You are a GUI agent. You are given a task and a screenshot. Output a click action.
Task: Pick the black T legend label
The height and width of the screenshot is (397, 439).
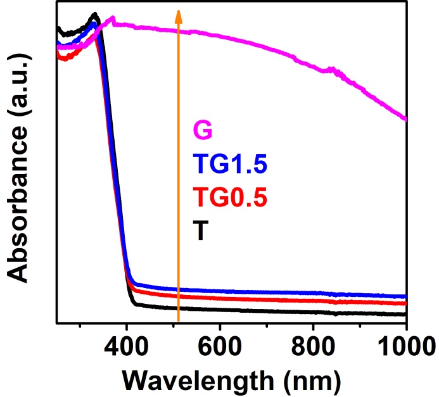[x=201, y=232]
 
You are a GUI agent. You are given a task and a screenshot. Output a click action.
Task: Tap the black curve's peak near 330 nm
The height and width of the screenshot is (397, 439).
[x=96, y=14]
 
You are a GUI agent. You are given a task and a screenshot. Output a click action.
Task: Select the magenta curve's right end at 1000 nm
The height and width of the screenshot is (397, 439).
[x=405, y=118]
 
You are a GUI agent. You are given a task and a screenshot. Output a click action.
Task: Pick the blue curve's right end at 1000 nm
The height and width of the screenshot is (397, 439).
[x=405, y=296]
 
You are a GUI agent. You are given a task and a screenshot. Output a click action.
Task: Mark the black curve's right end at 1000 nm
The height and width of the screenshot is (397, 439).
[x=405, y=314]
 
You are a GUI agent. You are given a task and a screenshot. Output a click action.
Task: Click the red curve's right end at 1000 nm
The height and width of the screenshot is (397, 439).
[x=405, y=303]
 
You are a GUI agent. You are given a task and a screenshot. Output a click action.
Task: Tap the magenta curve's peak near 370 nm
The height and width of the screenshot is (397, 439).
[x=113, y=18]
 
